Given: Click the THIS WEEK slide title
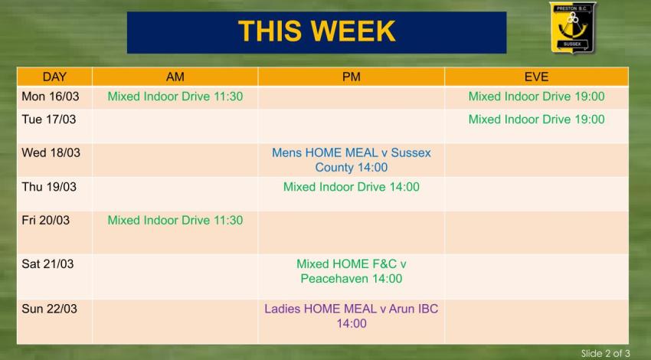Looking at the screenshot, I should pos(316,31).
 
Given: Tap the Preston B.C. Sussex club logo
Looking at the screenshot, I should pos(572,28).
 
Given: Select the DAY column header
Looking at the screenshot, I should pos(54,77).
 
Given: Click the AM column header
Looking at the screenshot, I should pos(175,77).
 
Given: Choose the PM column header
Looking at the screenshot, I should pos(351,77).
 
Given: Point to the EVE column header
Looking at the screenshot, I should pos(536,77).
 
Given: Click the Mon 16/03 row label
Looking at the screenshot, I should pos(50,97).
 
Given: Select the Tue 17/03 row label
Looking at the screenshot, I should pos(49,119).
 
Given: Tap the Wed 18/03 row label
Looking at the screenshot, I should pos(51,152).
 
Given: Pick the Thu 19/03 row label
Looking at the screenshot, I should pos(49,187).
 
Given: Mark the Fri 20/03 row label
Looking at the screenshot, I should pos(45,221).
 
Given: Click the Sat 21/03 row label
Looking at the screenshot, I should pos(47,263).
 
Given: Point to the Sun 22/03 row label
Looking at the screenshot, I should pos(49,309).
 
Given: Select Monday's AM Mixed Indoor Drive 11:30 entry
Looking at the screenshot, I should pos(175,97).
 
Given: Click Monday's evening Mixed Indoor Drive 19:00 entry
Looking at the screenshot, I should pos(536,97).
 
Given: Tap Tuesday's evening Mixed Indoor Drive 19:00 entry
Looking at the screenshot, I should pos(536,119).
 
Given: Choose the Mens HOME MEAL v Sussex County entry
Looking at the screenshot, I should pos(351,159).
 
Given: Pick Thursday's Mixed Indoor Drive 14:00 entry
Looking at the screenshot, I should pos(351,187).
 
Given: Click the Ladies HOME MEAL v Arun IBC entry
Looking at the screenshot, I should pos(351,316).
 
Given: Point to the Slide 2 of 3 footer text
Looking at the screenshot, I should pos(605,353).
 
